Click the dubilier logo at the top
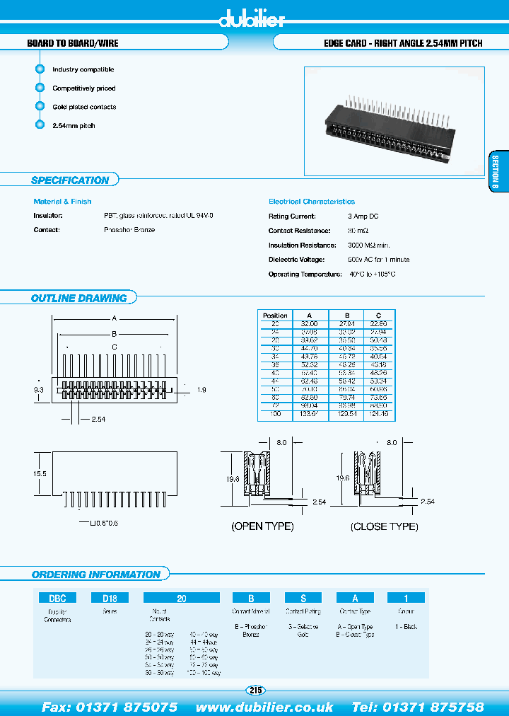coord(252,20)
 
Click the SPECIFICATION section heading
coord(70,180)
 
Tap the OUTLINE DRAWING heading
coord(79,299)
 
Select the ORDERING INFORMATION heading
coord(96,574)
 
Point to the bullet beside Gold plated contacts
coord(40,107)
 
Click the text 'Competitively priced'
coord(84,88)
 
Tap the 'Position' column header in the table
coord(275,316)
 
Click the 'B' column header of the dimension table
coord(346,316)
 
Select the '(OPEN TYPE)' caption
coord(263,526)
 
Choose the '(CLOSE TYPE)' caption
coord(384,526)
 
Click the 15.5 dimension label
coord(40,473)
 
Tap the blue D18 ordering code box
coord(110,598)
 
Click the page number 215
coord(255,690)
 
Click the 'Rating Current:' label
coord(292,216)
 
